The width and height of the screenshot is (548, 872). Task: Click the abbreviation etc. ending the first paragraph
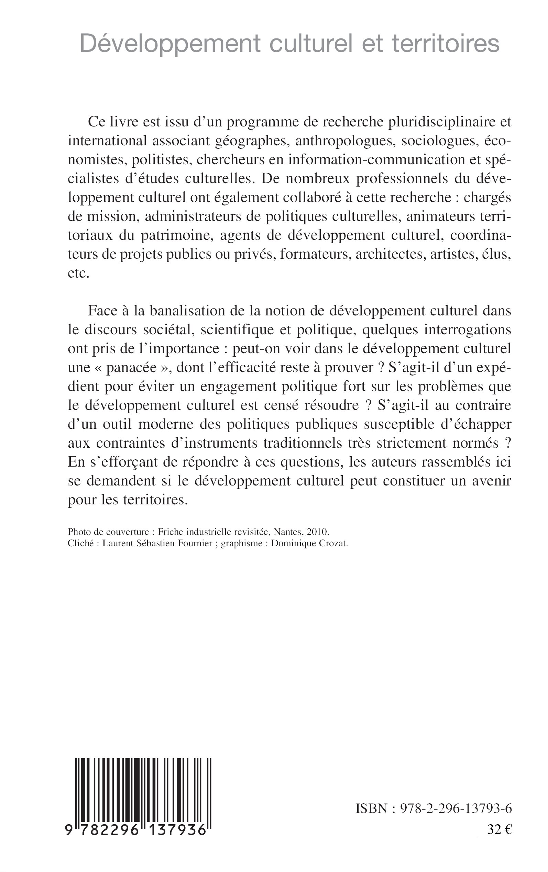pyautogui.click(x=78, y=273)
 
